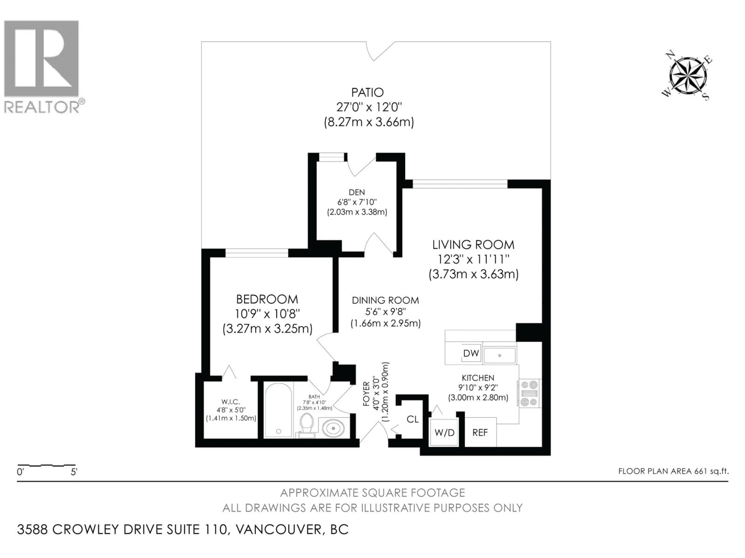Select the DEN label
point(357,192)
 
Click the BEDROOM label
point(267,299)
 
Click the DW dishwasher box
point(471,353)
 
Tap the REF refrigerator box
point(480,432)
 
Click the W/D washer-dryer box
point(444,432)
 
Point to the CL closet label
point(413,419)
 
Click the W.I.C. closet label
point(231,402)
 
